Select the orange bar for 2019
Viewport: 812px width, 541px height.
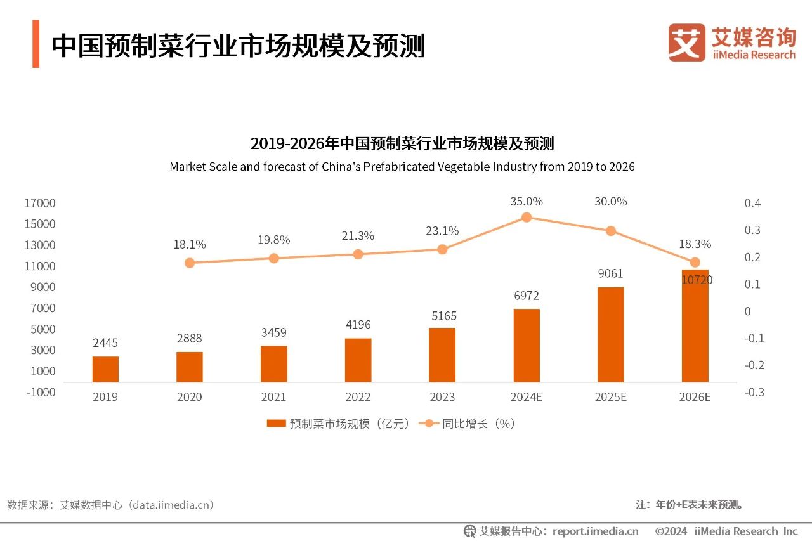pyautogui.click(x=105, y=369)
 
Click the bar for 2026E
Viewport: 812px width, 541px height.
pyautogui.click(x=695, y=326)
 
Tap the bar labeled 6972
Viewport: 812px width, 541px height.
pyautogui.click(x=527, y=346)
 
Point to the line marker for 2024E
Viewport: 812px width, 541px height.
pyautogui.click(x=527, y=218)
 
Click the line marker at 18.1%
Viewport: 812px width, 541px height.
pyautogui.click(x=189, y=263)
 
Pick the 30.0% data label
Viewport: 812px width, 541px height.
pyautogui.click(x=610, y=202)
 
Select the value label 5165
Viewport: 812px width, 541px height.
pyautogui.click(x=442, y=316)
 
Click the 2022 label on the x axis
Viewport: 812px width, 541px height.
pyautogui.click(x=358, y=397)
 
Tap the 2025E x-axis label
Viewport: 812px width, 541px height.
pyautogui.click(x=610, y=397)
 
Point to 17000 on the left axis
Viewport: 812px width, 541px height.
pyautogui.click(x=40, y=203)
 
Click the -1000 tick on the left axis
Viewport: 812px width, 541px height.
pyautogui.click(x=40, y=392)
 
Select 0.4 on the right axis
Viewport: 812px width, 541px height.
pyautogui.click(x=752, y=203)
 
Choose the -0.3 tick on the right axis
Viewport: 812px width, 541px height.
pyautogui.click(x=754, y=392)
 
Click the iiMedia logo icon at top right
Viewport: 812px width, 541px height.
pyautogui.click(x=686, y=42)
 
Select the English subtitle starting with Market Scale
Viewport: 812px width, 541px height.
pyautogui.click(x=402, y=167)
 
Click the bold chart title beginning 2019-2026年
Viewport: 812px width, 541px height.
pyautogui.click(x=402, y=143)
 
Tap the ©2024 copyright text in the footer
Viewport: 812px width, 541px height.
pyautogui.click(x=672, y=531)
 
